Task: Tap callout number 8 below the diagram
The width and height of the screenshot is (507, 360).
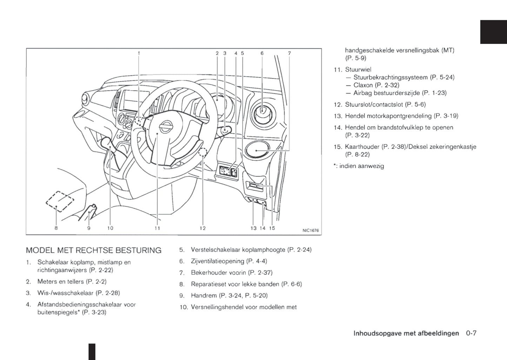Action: pos(56,228)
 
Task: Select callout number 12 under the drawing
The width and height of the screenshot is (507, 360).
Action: pos(202,228)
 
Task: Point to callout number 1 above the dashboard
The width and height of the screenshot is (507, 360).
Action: pos(139,53)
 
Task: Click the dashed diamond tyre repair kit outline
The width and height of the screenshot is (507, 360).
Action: pos(60,201)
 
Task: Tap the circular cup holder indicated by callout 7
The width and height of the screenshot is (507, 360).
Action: pos(257,150)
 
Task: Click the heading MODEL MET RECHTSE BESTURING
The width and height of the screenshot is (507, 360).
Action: pos(94,250)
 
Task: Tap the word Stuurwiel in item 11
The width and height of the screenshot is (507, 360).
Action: pos(358,69)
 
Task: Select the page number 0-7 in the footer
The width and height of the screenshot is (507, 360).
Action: pos(471,333)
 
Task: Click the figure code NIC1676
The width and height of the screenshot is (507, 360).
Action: pos(310,231)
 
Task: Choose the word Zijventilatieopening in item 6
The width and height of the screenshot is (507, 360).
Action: pos(217,261)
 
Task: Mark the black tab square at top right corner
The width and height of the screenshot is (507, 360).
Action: pos(493,32)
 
